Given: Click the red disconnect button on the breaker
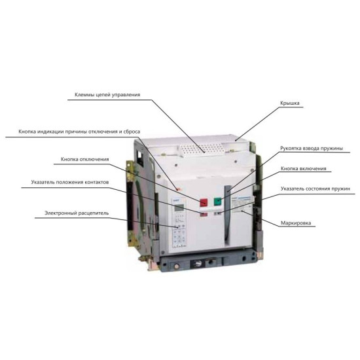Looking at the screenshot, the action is click(x=204, y=202).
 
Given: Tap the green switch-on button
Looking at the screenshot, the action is click(x=217, y=202).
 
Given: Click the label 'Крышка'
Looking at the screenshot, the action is click(x=290, y=103).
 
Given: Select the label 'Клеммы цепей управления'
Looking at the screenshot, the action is click(x=107, y=95).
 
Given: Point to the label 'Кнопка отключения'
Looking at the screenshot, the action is click(x=84, y=159).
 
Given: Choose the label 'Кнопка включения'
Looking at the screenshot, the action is click(x=303, y=168).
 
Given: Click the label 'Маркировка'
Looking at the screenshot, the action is click(x=296, y=223).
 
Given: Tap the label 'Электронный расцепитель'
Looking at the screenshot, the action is click(x=77, y=213).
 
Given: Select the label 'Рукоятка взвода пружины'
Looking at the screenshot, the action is click(x=312, y=149).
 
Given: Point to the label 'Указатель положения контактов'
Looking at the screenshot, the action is click(x=70, y=183).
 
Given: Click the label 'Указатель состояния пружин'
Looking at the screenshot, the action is click(x=315, y=189).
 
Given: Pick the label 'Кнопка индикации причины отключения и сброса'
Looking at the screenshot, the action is click(x=79, y=132).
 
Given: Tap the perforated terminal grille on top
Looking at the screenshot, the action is click(x=203, y=149).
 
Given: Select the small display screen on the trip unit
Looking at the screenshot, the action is click(x=179, y=207).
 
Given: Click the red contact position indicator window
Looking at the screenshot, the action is click(x=204, y=214).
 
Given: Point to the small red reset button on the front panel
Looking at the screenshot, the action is click(x=178, y=189).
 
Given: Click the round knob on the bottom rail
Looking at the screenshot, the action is click(x=198, y=263).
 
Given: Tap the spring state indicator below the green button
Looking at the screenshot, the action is click(x=218, y=213).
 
